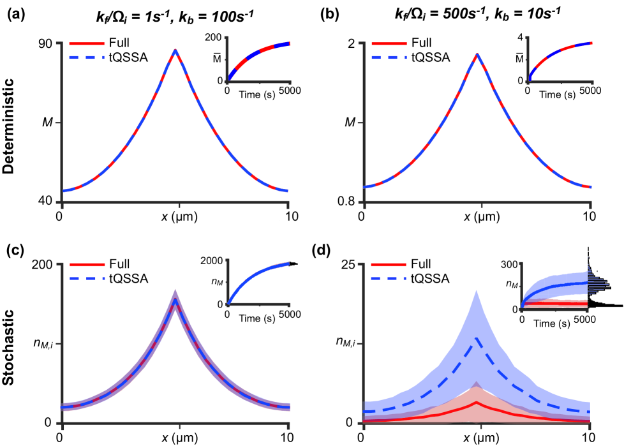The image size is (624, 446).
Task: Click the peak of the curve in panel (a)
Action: click(x=175, y=50)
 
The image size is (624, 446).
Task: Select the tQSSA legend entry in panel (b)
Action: click(x=429, y=57)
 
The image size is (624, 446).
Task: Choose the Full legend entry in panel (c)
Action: click(x=119, y=264)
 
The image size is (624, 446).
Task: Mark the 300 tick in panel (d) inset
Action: click(x=509, y=264)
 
